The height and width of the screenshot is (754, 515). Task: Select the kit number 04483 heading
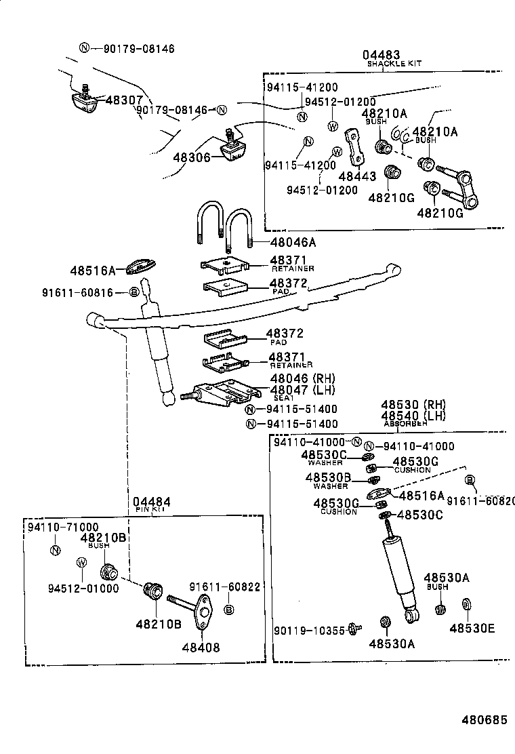381,54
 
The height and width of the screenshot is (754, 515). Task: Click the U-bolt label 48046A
293,241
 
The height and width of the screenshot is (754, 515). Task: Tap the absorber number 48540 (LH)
413,416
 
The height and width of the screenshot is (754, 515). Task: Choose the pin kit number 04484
151,502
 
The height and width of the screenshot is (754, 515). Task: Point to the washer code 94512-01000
83,588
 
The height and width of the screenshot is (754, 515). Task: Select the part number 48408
201,647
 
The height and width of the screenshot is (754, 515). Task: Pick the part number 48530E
472,628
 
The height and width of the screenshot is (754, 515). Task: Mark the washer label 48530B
327,478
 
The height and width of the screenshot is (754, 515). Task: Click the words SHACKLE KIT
394,63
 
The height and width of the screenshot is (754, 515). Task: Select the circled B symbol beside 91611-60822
229,610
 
